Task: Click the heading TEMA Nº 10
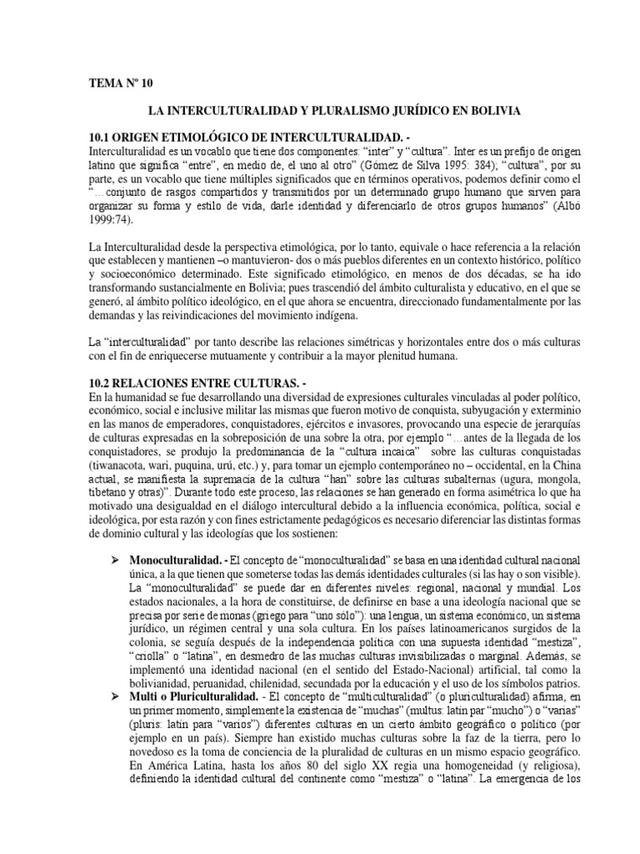click(122, 83)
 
